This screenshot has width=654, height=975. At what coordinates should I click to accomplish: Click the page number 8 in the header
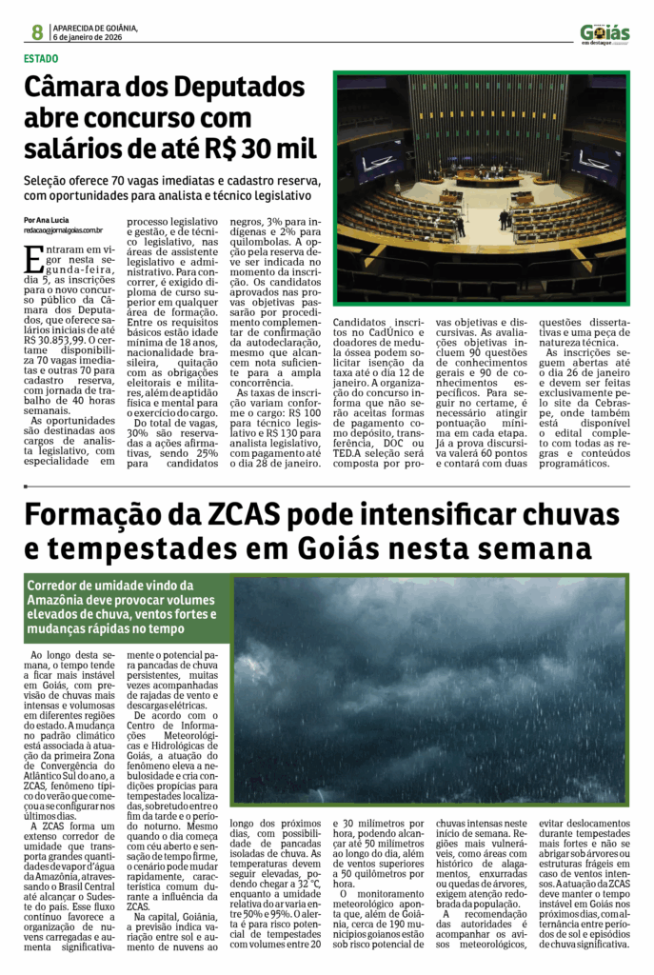pos(37,32)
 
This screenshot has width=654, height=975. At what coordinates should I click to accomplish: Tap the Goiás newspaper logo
pos(604,34)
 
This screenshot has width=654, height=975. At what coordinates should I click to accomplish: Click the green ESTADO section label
pos(43,58)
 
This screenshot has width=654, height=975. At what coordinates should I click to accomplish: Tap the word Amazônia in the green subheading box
pos(59,600)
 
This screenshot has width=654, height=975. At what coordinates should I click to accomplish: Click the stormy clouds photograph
pos(428,688)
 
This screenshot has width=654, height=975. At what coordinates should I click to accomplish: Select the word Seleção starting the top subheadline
pos(50,180)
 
